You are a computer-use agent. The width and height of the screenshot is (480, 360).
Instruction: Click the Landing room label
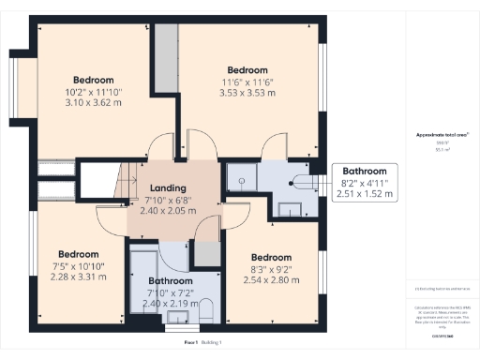pyautogui.click(x=169, y=187)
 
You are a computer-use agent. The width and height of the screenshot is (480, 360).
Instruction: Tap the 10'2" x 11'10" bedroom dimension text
pyautogui.click(x=93, y=92)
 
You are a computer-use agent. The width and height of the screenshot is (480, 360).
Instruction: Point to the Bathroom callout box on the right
pyautogui.click(x=364, y=183)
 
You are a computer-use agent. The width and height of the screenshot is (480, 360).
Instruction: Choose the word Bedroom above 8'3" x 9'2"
pyautogui.click(x=270, y=257)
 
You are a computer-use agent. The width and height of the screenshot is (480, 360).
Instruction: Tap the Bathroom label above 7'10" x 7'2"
pyautogui.click(x=171, y=279)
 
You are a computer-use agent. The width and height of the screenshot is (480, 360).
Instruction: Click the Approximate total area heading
pyautogui.click(x=442, y=135)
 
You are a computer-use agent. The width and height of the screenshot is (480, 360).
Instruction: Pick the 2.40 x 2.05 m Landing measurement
pyautogui.click(x=169, y=211)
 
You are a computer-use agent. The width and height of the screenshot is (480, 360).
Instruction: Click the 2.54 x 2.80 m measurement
pyautogui.click(x=270, y=279)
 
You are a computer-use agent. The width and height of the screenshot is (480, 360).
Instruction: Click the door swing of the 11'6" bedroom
pyautogui.click(x=275, y=145)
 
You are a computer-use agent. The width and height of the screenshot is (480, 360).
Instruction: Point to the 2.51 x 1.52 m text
pyautogui.click(x=364, y=194)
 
